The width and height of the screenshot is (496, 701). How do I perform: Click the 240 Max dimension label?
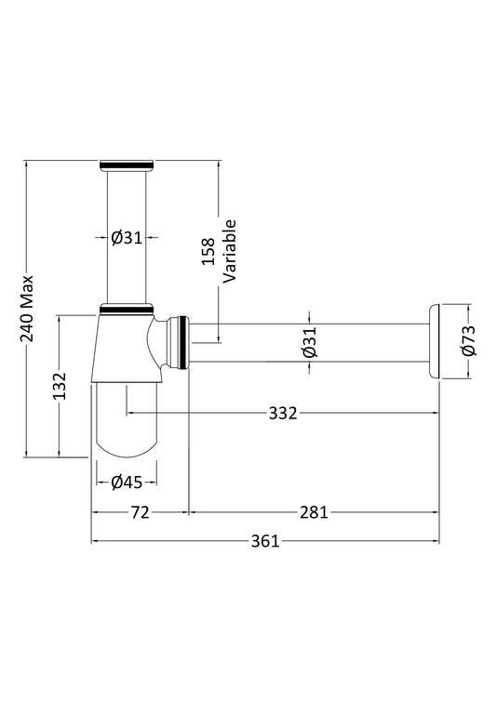tap(27, 309)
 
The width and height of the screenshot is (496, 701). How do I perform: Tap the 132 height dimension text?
tap(59, 386)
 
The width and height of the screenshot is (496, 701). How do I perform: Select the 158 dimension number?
tap(208, 252)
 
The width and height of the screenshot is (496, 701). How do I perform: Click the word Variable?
tap(230, 251)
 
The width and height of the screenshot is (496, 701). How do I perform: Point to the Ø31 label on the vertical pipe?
tap(127, 238)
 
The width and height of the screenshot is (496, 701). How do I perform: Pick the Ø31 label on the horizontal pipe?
tap(310, 342)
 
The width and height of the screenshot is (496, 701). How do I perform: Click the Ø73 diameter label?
tap(470, 341)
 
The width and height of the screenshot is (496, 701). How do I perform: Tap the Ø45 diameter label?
tap(127, 483)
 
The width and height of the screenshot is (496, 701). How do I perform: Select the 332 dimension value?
tap(283, 413)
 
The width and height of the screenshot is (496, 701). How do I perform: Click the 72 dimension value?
tap(140, 512)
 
